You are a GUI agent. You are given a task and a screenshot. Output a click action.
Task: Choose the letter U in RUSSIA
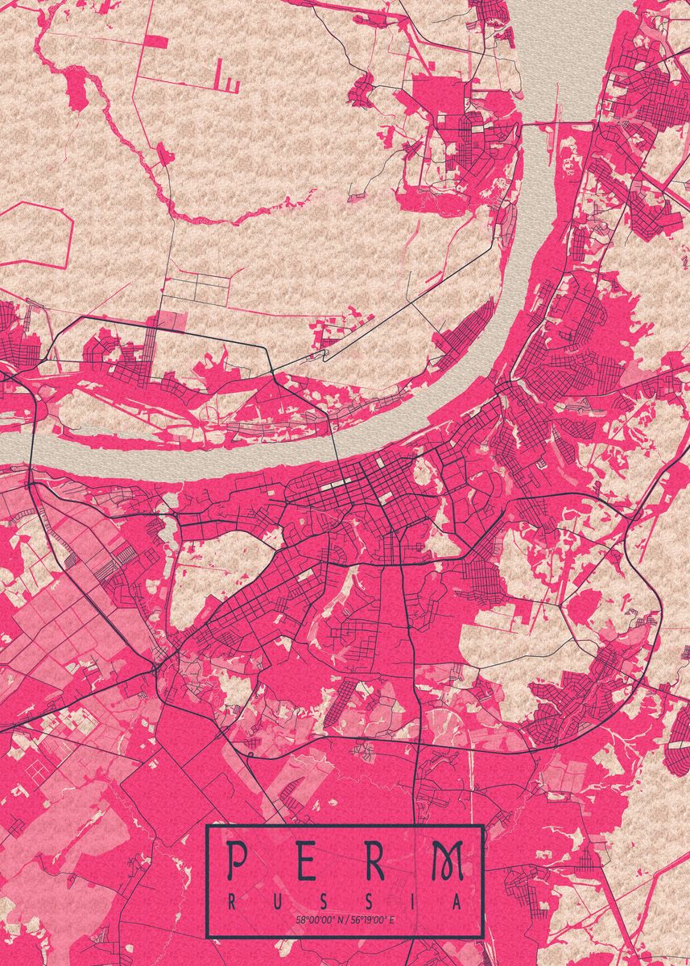(x=276, y=902)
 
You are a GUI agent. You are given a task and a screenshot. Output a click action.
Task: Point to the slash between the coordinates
(x=345, y=919)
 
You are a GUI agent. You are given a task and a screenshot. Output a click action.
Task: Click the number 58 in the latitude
(x=300, y=919)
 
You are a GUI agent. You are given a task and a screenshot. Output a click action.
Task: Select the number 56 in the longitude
(x=353, y=919)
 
